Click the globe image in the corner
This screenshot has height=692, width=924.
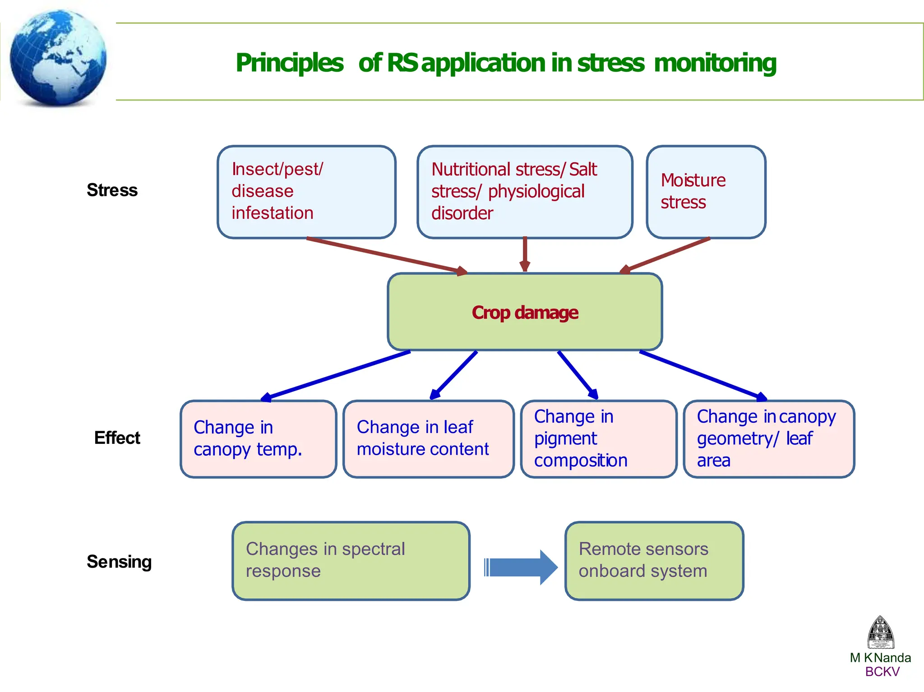58,58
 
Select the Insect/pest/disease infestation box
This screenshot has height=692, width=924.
306,192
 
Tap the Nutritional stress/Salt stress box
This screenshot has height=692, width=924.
524,192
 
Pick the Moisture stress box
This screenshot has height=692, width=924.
706,192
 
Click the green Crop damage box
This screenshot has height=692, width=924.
524,312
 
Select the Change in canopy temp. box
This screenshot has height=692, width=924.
258,438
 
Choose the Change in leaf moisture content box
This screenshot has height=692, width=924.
428,438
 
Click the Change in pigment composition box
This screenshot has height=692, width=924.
598,438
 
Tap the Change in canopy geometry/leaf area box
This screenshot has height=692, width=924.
769,438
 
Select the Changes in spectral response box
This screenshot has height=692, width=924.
351,561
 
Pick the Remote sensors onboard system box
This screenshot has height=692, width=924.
654,561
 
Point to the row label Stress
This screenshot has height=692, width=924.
112,190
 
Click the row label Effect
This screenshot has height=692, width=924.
117,438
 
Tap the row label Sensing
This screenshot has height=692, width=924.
119,562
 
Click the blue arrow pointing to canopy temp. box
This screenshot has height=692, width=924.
336,376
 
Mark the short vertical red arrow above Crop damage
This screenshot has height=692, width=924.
524,254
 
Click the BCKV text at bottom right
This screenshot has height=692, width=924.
882,672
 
